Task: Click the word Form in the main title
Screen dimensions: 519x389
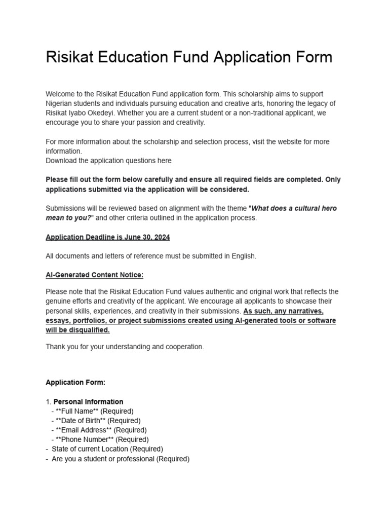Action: [312, 57]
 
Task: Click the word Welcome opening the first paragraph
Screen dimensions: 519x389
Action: [60, 94]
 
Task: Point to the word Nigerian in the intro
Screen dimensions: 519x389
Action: [60, 103]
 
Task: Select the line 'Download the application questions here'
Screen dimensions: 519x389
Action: [108, 161]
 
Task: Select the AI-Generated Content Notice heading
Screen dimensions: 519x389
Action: [94, 275]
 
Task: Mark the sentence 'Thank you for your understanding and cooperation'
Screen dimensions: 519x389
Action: [125, 347]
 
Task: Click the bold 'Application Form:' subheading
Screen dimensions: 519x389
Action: [75, 382]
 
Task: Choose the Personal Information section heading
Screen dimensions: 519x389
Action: [88, 401]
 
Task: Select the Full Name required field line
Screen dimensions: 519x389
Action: [92, 411]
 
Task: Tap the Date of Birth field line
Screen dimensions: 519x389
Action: [96, 420]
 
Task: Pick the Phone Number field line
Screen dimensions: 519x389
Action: [100, 439]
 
